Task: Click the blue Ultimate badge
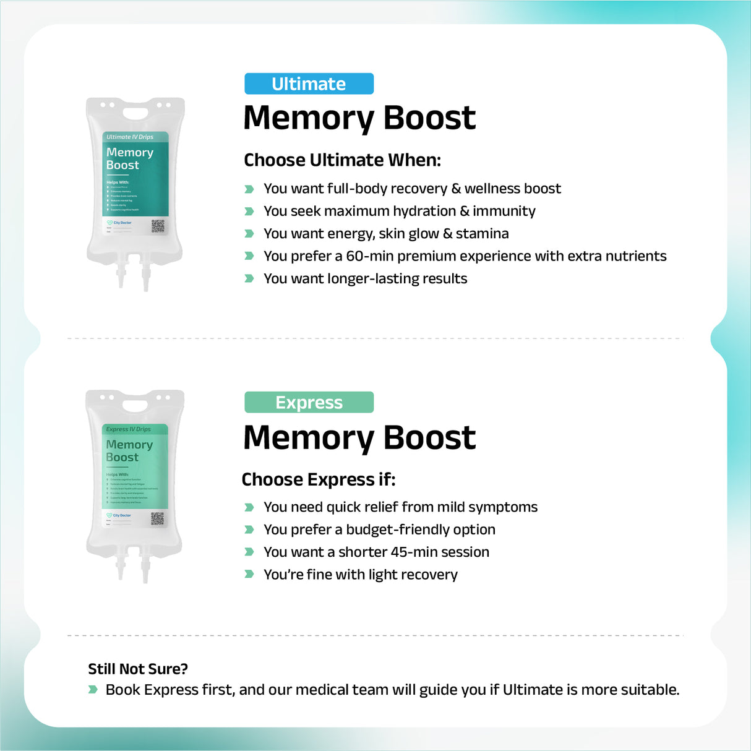(x=309, y=84)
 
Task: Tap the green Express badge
(x=309, y=402)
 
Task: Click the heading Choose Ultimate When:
(x=342, y=160)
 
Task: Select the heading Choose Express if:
(x=318, y=479)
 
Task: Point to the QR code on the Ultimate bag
(x=158, y=226)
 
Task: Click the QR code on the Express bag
(x=157, y=518)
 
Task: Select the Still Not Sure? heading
(x=138, y=669)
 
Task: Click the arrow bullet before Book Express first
(x=93, y=689)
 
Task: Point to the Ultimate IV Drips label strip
(x=135, y=137)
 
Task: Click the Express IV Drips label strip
(x=134, y=429)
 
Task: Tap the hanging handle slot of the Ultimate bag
(x=135, y=113)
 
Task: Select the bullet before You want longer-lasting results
(x=249, y=278)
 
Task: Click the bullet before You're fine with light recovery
(x=249, y=574)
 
